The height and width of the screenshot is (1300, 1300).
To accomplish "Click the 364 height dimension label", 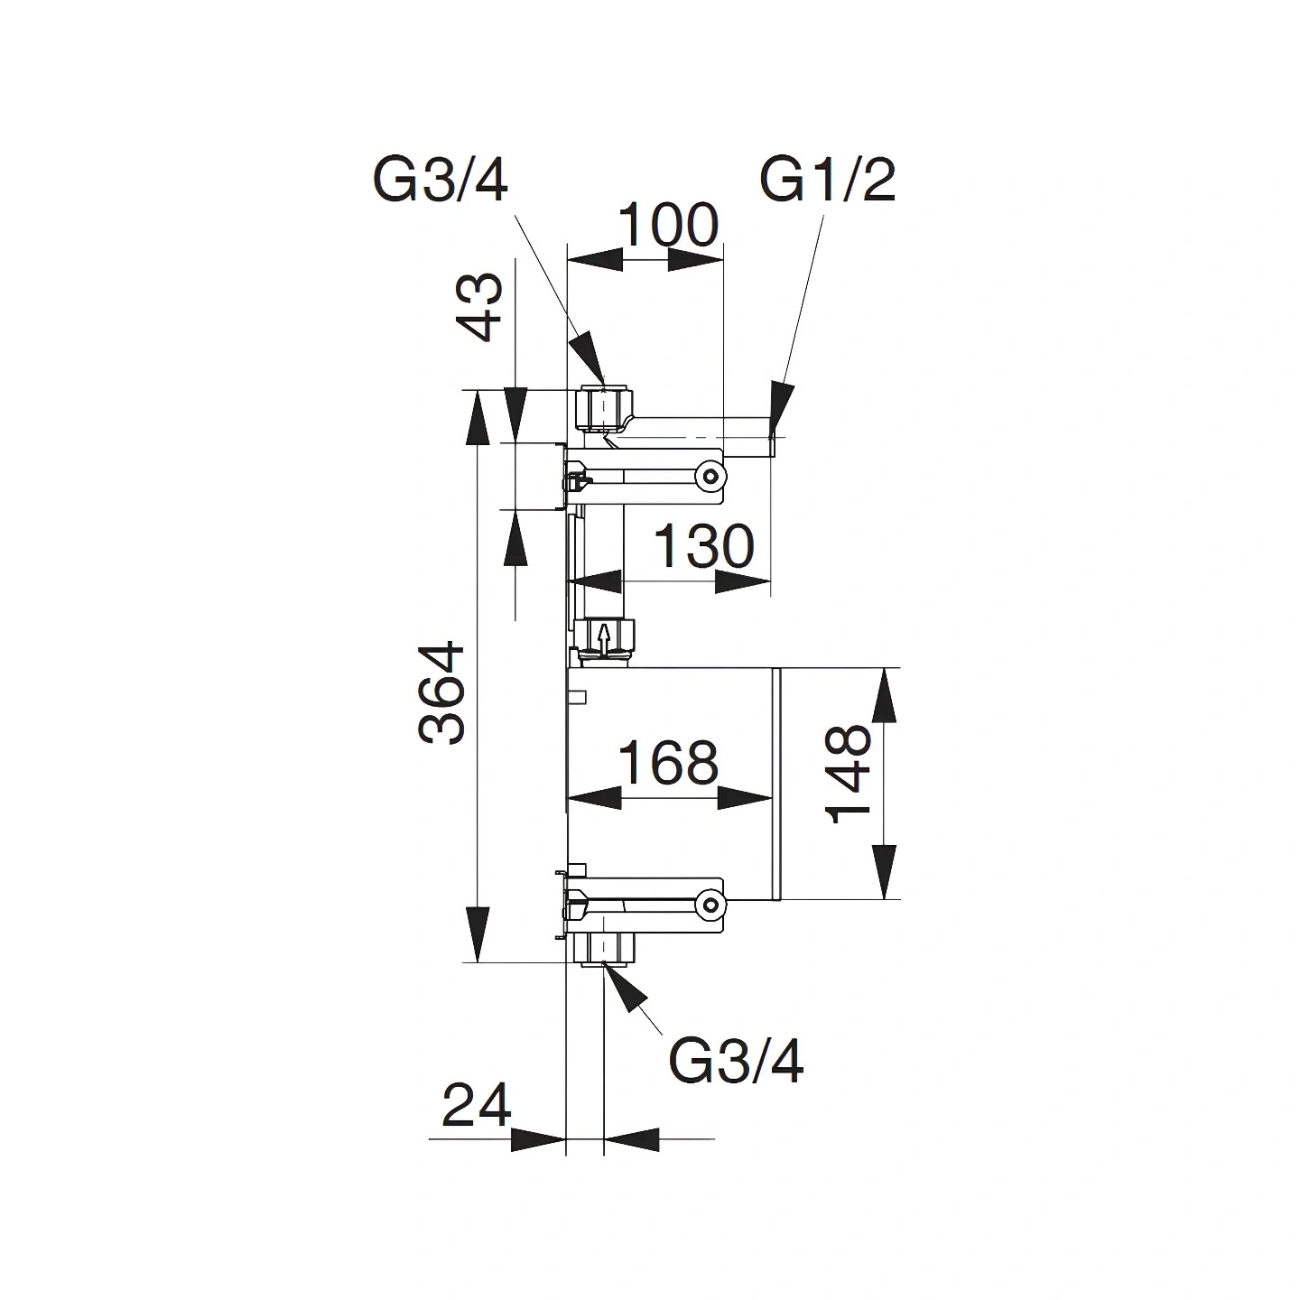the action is point(441,694).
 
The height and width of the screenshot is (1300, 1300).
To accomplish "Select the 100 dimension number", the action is point(668,226).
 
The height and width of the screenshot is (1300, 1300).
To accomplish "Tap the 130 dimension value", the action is point(703,546).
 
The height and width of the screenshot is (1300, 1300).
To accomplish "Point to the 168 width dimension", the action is point(668,762).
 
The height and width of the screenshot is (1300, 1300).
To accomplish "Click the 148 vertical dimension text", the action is point(849,774).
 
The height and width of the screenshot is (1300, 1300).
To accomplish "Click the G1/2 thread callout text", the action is point(828,181).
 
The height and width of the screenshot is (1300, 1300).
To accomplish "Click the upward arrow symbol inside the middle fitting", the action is point(605,636).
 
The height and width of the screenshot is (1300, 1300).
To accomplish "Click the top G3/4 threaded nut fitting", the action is point(607,410).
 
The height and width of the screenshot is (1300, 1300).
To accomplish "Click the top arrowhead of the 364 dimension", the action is point(477,418).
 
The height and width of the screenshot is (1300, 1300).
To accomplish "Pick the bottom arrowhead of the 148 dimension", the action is point(885,871).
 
